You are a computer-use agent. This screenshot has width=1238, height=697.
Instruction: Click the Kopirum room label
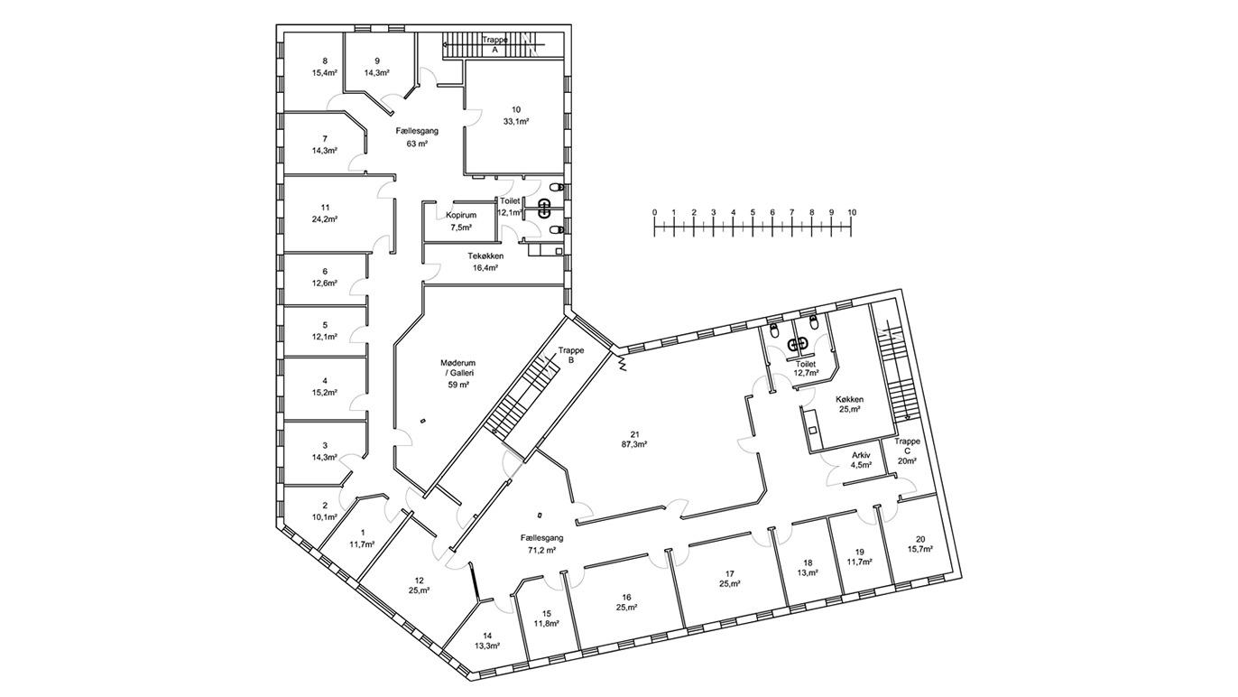[461, 215]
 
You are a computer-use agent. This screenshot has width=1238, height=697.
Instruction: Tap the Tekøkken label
[485, 256]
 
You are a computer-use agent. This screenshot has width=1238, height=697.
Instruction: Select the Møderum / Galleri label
[458, 367]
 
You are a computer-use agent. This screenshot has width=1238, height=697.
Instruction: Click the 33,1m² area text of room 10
[516, 122]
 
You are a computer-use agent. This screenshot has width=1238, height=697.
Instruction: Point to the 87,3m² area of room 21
[634, 443]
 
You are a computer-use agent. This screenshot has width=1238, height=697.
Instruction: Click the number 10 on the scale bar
[852, 212]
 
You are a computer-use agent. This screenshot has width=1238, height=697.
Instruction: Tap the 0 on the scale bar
[654, 212]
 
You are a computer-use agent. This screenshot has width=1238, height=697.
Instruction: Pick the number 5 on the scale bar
[753, 212]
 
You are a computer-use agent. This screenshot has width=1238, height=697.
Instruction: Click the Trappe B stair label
[571, 355]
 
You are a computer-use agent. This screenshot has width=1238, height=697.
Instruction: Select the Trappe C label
[907, 446]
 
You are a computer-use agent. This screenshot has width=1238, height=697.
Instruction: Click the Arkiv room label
[861, 455]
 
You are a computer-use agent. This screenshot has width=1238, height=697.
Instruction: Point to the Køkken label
[849, 399]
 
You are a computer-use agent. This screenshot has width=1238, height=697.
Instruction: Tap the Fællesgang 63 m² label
[417, 137]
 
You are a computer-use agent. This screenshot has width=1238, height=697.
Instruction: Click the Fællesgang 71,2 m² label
[541, 544]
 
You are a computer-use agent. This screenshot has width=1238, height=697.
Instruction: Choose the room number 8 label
[325, 60]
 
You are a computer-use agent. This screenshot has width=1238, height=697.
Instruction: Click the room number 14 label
[487, 636]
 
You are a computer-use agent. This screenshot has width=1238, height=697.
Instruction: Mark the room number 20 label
[920, 539]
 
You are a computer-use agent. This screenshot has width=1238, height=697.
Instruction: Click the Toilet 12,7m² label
[806, 368]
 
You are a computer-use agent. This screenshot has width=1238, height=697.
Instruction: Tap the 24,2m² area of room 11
[325, 219]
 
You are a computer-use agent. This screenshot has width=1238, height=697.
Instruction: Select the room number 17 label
[729, 573]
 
